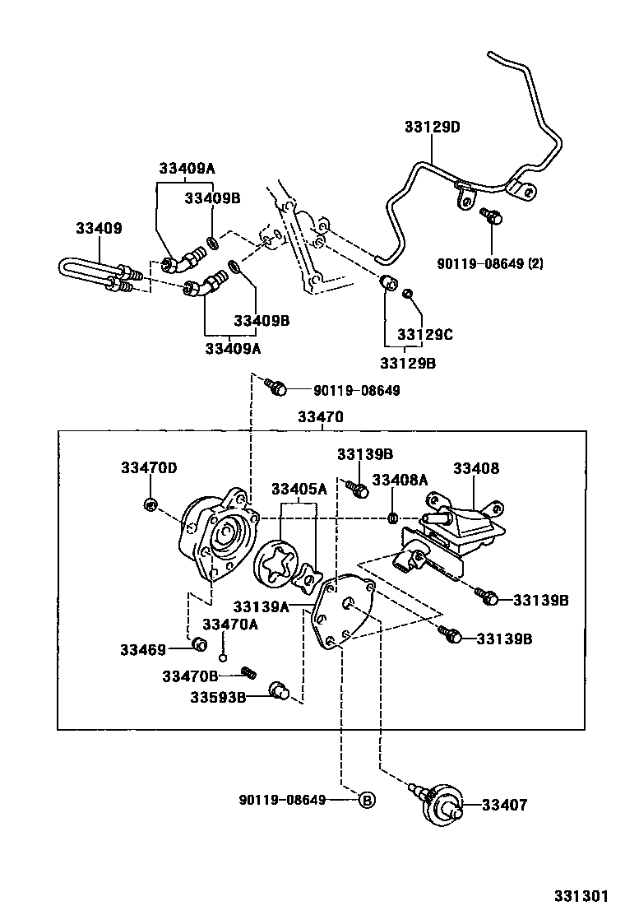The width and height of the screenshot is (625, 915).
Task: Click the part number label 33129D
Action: (432, 127)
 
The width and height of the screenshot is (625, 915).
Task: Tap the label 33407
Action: (504, 805)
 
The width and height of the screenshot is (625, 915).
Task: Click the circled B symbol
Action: (367, 799)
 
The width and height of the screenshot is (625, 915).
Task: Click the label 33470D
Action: (149, 467)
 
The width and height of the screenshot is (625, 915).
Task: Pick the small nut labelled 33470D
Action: (150, 504)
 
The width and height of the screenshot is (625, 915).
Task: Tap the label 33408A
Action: (400, 480)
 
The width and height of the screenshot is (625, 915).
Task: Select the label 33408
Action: (476, 468)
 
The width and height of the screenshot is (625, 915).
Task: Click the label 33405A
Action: (299, 489)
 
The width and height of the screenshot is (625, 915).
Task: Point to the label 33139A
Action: (262, 607)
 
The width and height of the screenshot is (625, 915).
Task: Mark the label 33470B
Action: (190, 676)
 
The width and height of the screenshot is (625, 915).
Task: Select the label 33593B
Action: (218, 698)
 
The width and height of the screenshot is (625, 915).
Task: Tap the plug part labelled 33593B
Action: (279, 690)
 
